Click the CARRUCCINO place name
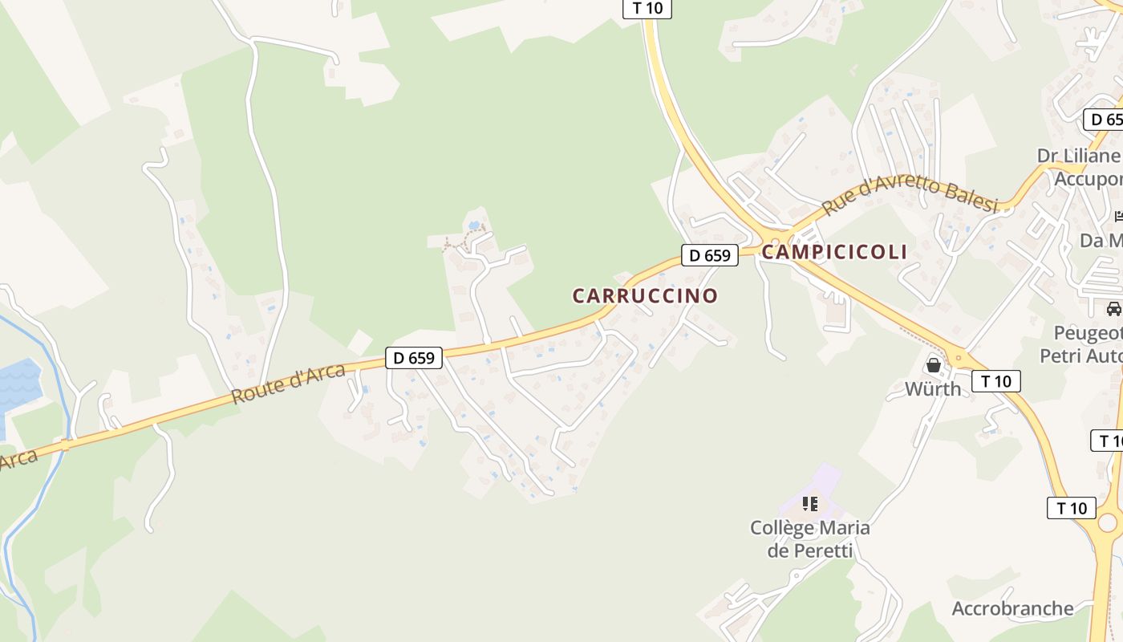point(645,295)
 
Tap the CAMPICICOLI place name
point(834,252)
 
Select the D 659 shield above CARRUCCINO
point(710,255)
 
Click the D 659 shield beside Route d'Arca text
point(414,358)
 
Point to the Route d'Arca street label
point(287,384)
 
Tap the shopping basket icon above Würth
point(934,365)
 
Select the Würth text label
point(932,389)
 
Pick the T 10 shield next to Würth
point(996,380)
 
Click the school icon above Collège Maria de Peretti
point(810,504)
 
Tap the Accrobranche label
point(1012,608)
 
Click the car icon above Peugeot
point(1113,308)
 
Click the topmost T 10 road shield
point(647,8)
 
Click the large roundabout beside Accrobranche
point(1107,523)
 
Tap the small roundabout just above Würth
point(957,358)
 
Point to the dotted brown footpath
point(463,238)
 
